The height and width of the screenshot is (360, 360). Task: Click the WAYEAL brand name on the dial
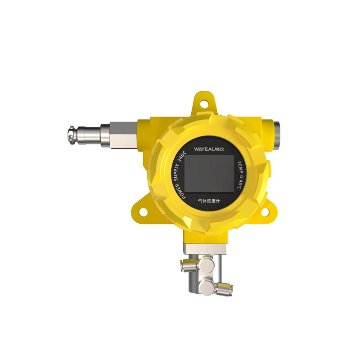click(204, 149)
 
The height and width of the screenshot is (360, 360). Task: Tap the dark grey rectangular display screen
click(209, 173)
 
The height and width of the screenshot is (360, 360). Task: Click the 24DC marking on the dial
click(182, 157)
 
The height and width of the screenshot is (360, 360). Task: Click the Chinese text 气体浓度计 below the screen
click(209, 201)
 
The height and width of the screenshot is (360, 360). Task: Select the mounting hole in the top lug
click(204, 104)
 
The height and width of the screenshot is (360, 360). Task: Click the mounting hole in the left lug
click(143, 212)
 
